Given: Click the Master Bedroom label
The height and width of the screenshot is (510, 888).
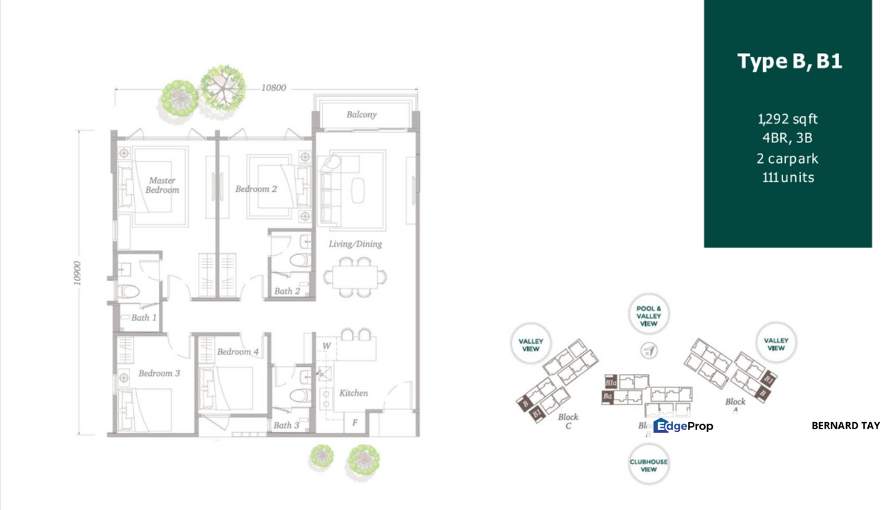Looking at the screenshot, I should [162, 185].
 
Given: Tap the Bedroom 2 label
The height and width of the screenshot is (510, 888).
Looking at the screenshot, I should [256, 189].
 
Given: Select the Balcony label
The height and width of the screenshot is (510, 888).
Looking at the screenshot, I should [362, 114].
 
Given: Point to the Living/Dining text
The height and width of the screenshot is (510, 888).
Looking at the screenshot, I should [355, 244].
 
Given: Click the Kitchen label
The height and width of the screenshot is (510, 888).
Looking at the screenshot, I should [353, 392].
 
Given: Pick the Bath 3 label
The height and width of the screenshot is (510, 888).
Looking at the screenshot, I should [287, 425].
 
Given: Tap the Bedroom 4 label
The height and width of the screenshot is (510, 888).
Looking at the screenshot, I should [238, 351].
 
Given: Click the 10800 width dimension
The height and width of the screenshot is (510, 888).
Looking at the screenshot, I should [273, 88].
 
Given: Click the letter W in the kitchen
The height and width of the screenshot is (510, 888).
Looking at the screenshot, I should [326, 346].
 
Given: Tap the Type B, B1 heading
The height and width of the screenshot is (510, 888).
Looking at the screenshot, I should [789, 61].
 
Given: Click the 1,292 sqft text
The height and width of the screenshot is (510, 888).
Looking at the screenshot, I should [787, 119].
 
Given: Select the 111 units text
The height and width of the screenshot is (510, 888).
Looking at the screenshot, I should [787, 177].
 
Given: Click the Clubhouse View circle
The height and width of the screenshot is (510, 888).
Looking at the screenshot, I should [648, 465].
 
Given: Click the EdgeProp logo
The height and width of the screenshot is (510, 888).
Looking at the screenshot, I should [683, 426].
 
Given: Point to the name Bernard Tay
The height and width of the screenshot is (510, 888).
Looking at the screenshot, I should [845, 426].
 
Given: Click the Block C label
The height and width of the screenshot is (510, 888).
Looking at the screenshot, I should [568, 421].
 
